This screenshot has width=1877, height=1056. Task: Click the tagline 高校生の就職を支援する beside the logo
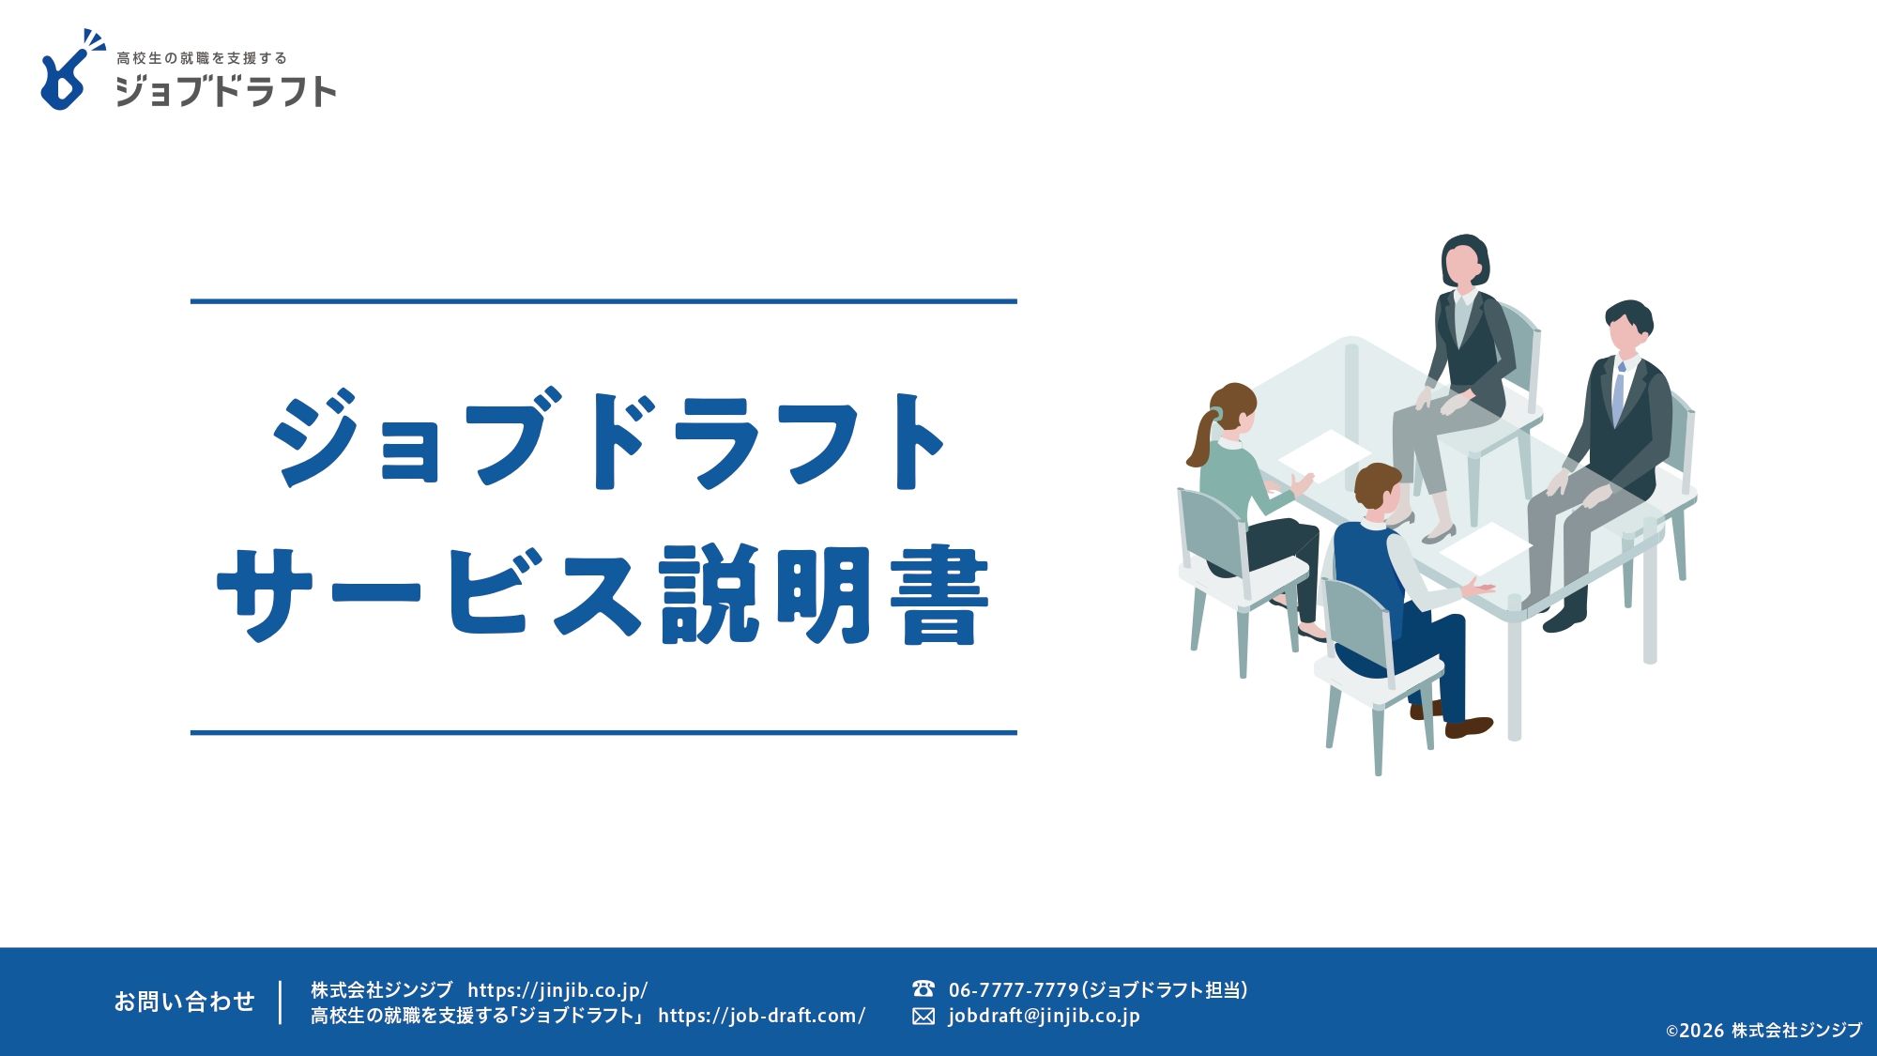tap(202, 58)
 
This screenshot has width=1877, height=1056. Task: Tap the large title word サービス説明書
tap(603, 595)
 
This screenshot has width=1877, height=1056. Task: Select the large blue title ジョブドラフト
tap(608, 439)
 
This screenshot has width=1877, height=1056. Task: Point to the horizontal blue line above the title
tap(603, 301)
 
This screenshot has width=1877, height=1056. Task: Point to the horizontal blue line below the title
tap(603, 732)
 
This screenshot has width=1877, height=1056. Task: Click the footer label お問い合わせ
tap(184, 1002)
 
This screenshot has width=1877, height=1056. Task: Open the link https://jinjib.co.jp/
tap(557, 990)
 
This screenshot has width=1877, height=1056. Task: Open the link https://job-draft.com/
tap(761, 1016)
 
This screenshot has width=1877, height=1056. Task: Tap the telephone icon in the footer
tap(923, 988)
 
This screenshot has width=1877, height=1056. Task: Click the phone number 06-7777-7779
tap(1014, 990)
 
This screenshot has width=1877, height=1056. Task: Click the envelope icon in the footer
tap(923, 1017)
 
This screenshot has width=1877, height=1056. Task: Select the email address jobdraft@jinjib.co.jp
tap(1044, 1016)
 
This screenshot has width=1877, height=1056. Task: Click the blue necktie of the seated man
tap(1619, 394)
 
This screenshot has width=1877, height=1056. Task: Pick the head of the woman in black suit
tap(1464, 261)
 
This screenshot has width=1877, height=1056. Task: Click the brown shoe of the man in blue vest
tap(1468, 727)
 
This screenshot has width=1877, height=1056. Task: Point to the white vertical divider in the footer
tap(281, 1002)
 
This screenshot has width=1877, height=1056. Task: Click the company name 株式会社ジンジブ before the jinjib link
tap(381, 990)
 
